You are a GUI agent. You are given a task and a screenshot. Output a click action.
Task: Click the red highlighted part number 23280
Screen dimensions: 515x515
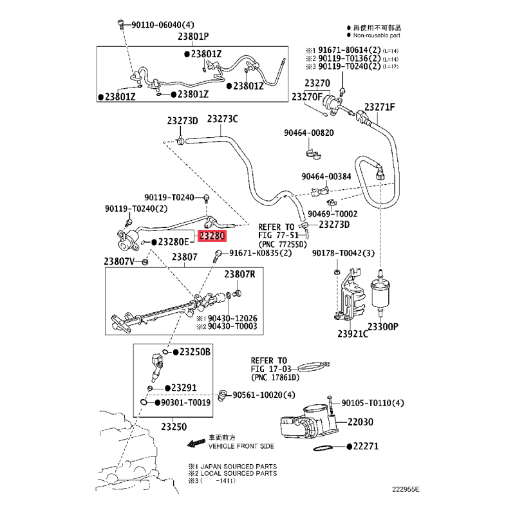point(212,236)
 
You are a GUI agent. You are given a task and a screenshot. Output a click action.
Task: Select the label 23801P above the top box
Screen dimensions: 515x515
point(194,36)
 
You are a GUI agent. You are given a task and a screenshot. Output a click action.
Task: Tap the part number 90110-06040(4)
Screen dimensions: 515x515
point(163,25)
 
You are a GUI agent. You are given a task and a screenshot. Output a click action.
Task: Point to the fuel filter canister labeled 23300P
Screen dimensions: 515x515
point(380,294)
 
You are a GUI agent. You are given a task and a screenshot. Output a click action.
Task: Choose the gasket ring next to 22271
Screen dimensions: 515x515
point(323,448)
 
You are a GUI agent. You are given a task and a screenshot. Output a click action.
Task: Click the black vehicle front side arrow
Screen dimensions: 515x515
point(196,444)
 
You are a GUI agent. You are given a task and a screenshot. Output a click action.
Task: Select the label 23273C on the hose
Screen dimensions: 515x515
point(222,119)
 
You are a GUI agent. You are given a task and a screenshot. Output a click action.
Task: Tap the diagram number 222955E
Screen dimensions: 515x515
point(406,489)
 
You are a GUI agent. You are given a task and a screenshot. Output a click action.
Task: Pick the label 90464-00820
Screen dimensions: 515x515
point(309,133)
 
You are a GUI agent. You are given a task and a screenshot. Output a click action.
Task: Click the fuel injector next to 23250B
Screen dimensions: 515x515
point(156,364)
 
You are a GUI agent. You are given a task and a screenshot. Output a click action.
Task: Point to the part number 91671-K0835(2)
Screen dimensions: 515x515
point(261,253)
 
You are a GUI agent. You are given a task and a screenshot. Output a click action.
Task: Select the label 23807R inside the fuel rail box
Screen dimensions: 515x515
point(239,274)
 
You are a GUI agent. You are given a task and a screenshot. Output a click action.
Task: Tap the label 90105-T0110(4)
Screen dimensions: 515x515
point(373,403)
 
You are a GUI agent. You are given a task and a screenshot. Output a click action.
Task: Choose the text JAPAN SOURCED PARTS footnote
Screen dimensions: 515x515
point(238,466)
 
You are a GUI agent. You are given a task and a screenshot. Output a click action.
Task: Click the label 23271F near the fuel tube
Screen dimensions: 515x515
point(380,107)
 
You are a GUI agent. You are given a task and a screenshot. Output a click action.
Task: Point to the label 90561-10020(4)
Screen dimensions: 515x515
point(264,395)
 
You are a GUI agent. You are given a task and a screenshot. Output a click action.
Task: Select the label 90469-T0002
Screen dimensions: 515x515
point(332,214)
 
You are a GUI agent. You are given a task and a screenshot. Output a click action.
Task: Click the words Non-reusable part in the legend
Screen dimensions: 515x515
point(377,35)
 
